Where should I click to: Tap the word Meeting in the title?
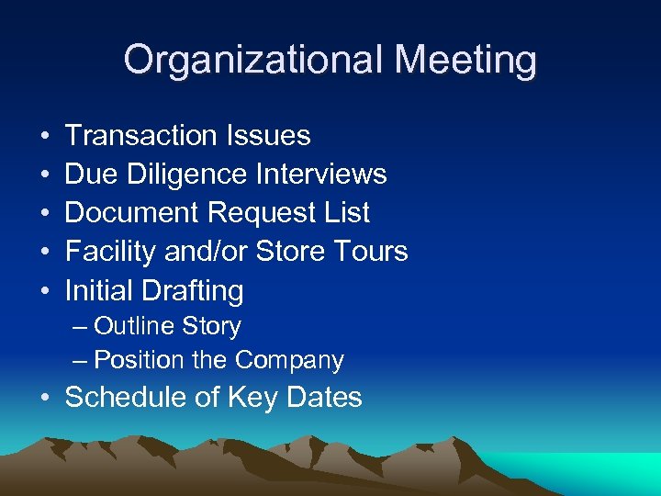coord(465,61)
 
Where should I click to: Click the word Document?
coord(133,213)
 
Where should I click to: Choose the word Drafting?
coord(192,292)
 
